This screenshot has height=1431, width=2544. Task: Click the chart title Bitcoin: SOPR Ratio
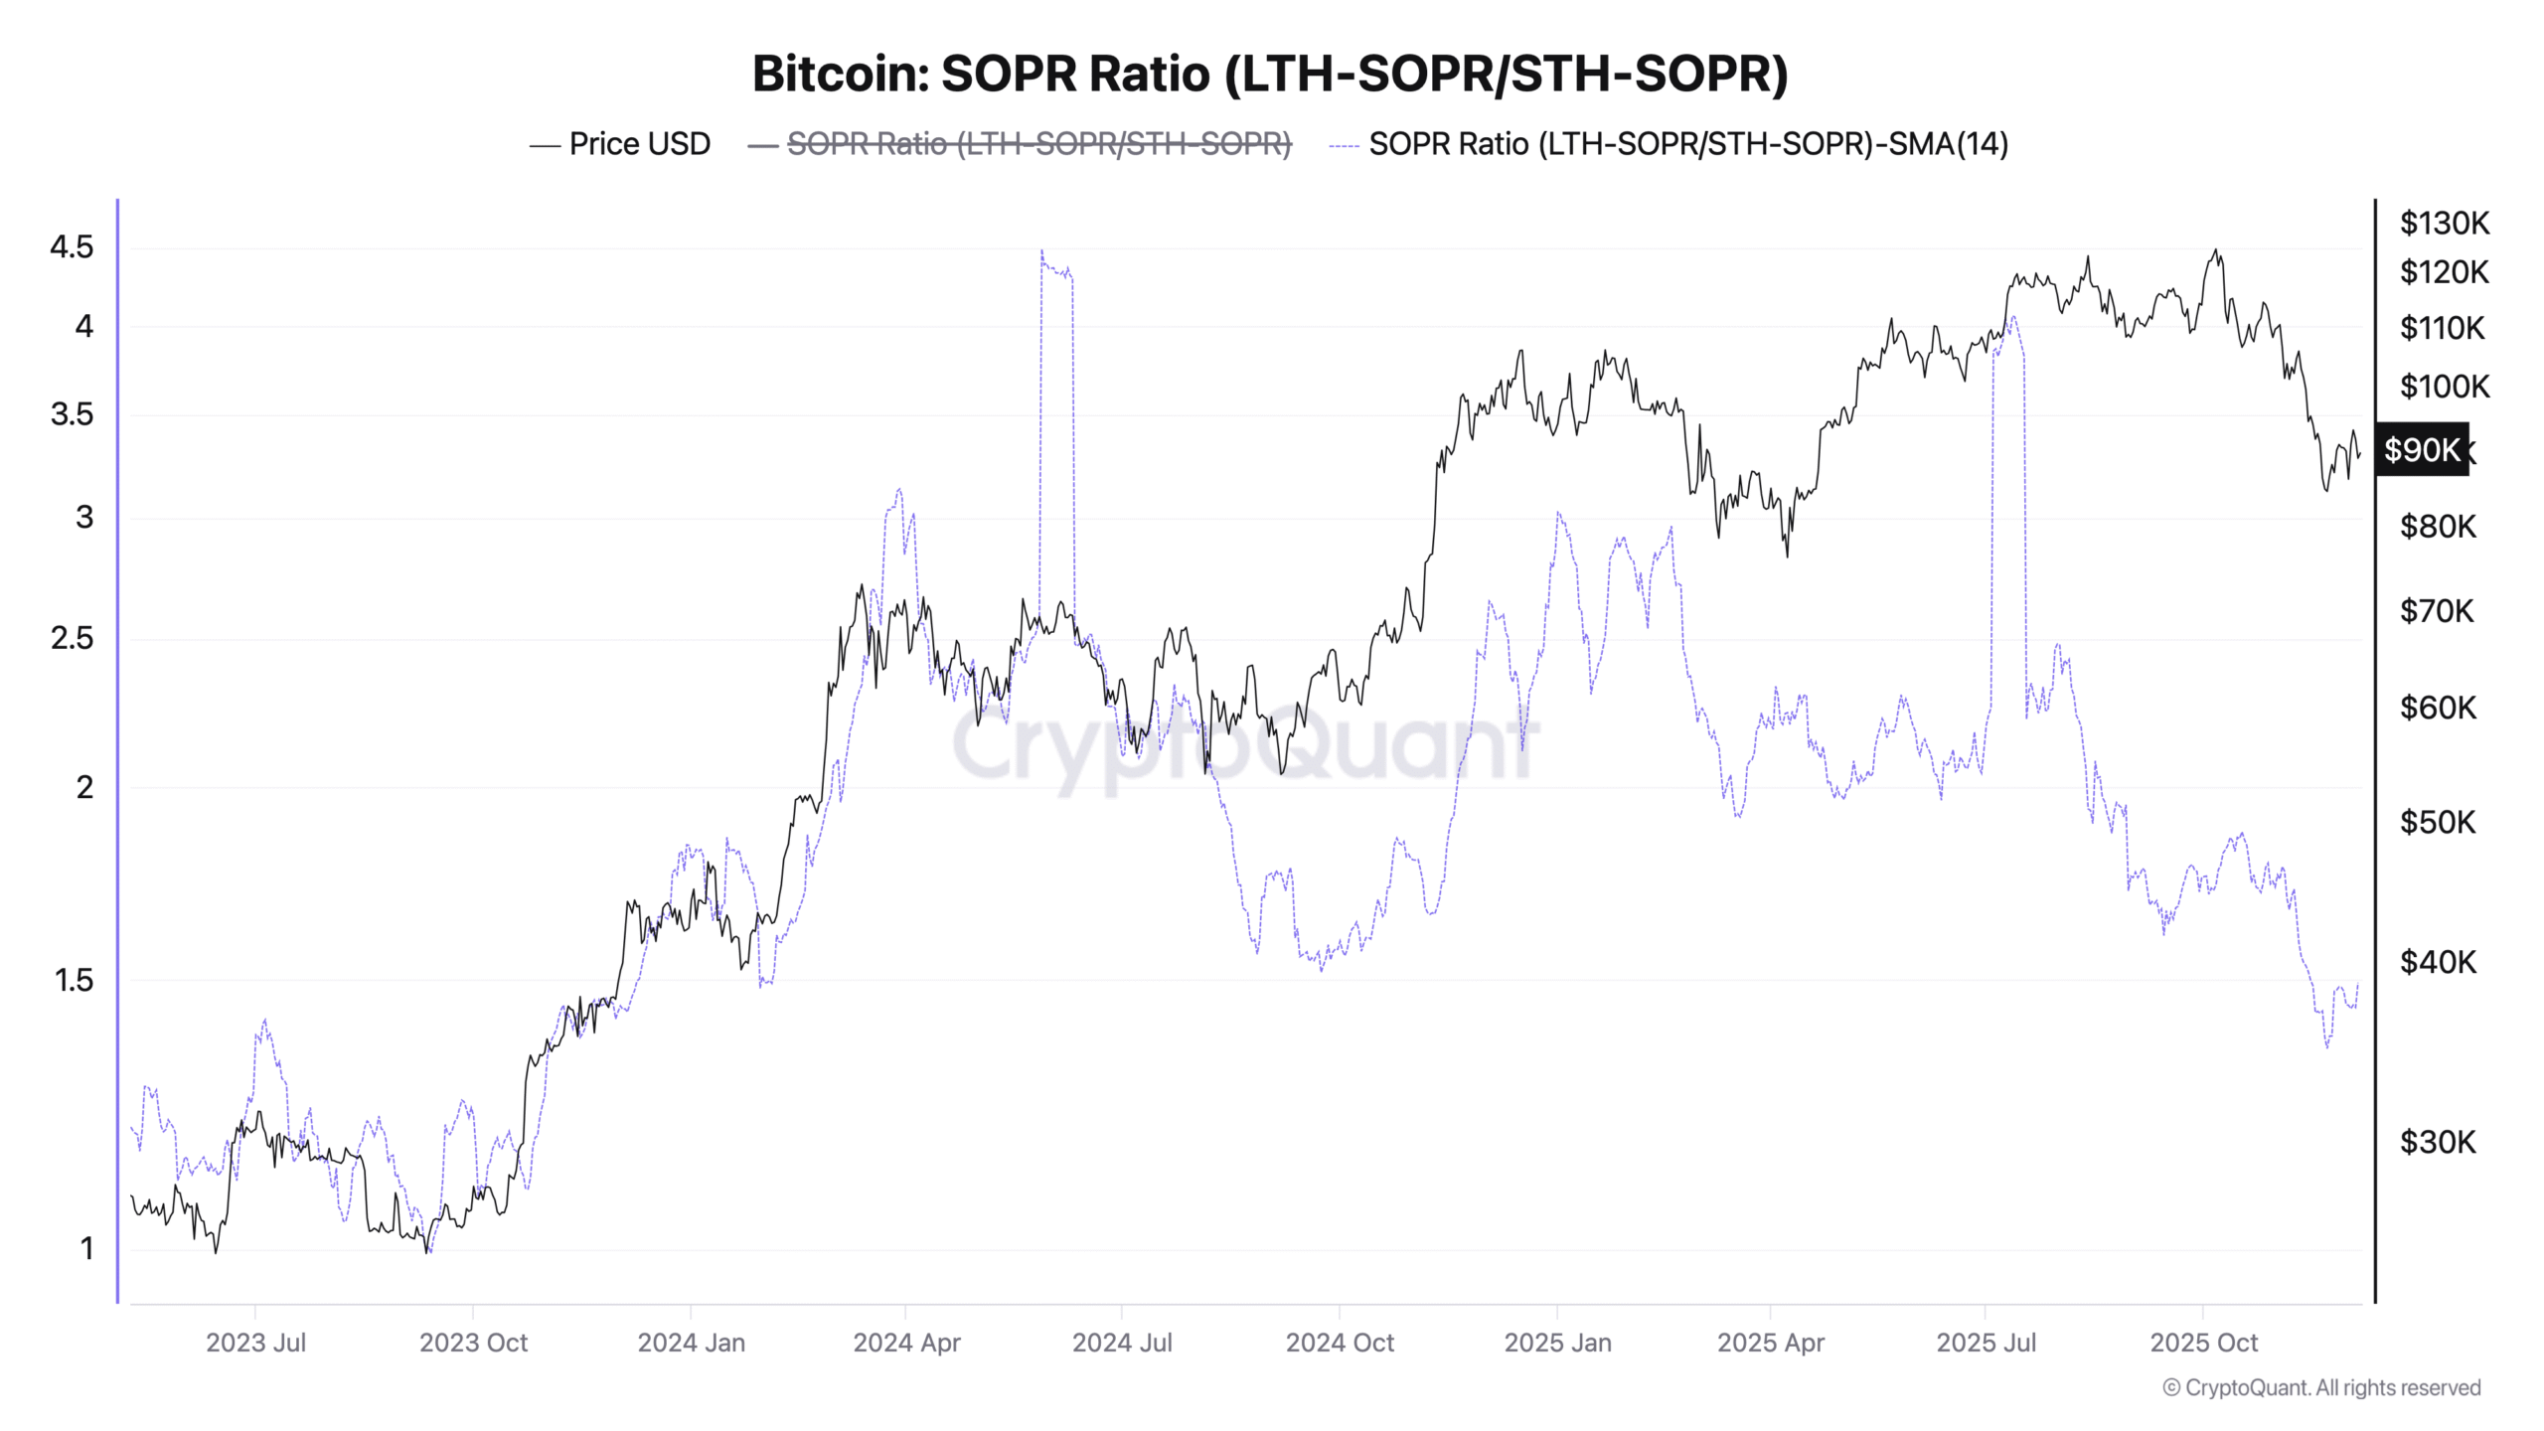[x=1269, y=74]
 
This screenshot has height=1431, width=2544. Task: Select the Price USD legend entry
[x=639, y=144]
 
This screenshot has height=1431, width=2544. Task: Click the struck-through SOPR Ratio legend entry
[x=1038, y=144]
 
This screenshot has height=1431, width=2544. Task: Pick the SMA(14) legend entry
[x=1687, y=144]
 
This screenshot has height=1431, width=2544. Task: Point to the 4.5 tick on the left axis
[x=72, y=246]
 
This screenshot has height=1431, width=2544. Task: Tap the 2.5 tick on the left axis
[x=72, y=638]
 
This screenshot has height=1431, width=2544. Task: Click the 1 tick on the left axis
[x=86, y=1248]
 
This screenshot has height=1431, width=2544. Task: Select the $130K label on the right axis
[x=2444, y=223]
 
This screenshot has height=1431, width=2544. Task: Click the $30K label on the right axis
[x=2438, y=1142]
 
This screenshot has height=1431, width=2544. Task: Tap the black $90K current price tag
[x=2422, y=450]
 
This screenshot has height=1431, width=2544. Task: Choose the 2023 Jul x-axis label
[x=255, y=1343]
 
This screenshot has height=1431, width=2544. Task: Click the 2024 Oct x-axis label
[x=1340, y=1343]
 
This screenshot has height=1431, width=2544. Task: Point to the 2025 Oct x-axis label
[x=2203, y=1343]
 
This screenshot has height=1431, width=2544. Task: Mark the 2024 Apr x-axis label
[x=906, y=1343]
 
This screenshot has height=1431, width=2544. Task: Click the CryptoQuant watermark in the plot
[x=1244, y=743]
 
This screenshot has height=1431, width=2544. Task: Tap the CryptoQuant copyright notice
[x=2321, y=1387]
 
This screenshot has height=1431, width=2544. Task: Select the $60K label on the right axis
[x=2438, y=708]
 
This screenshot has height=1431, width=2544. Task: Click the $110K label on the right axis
[x=2442, y=328]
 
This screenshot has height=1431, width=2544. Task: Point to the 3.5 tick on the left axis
[x=72, y=414]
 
